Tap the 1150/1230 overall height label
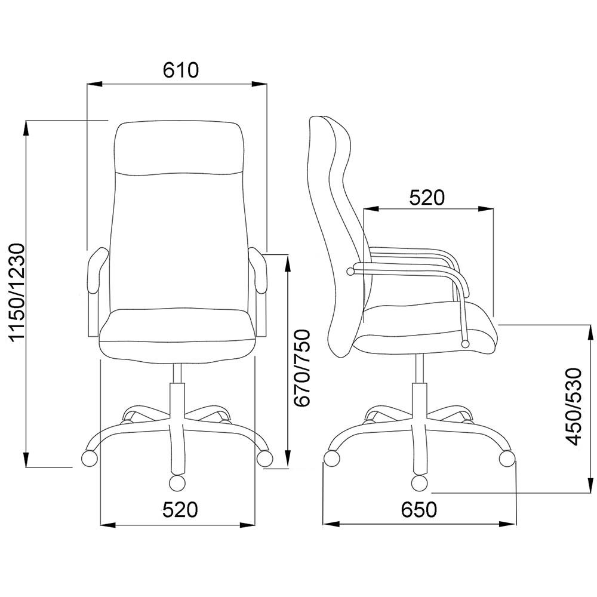(x=17, y=293)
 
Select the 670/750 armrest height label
(x=303, y=368)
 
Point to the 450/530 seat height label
(x=574, y=406)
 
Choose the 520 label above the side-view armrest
(x=427, y=198)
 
